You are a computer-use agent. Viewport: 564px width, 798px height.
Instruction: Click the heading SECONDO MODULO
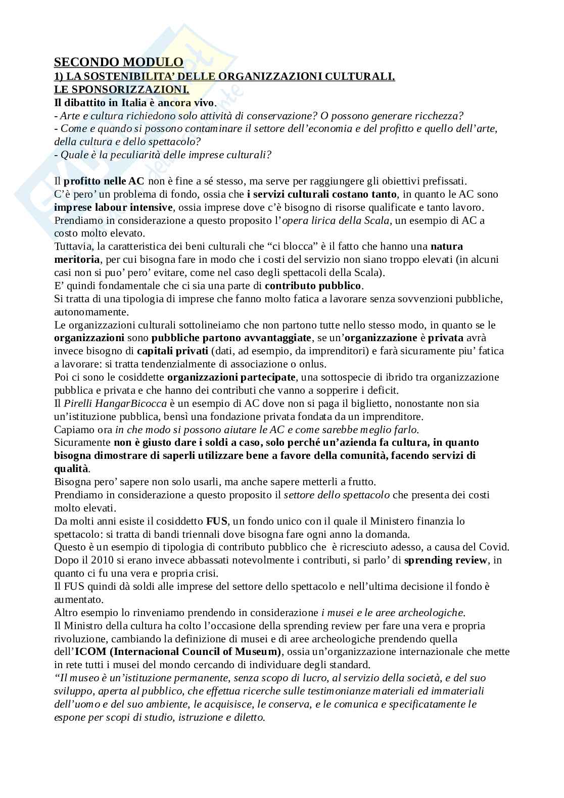119,62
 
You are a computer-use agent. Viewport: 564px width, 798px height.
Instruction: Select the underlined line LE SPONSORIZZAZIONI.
121,89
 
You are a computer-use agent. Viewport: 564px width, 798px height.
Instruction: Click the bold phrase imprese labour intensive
113,207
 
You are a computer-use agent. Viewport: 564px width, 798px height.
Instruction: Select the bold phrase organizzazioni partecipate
231,377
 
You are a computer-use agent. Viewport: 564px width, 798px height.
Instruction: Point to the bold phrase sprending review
445,560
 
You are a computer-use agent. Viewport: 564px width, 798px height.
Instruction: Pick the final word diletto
249,718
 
